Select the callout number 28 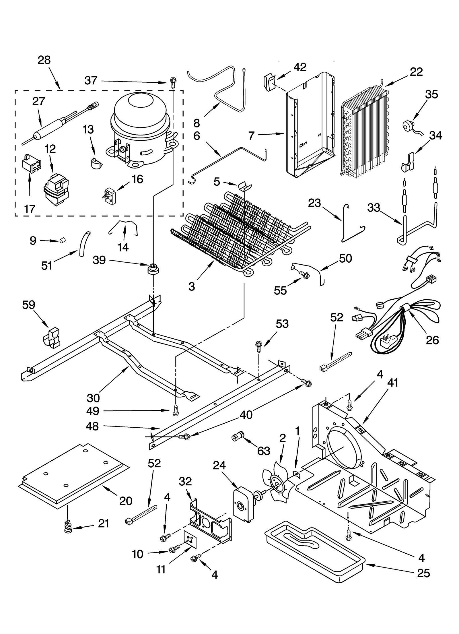(x=44, y=60)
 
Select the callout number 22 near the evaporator (x=416, y=71)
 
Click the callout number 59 (x=29, y=305)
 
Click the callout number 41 (x=392, y=383)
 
